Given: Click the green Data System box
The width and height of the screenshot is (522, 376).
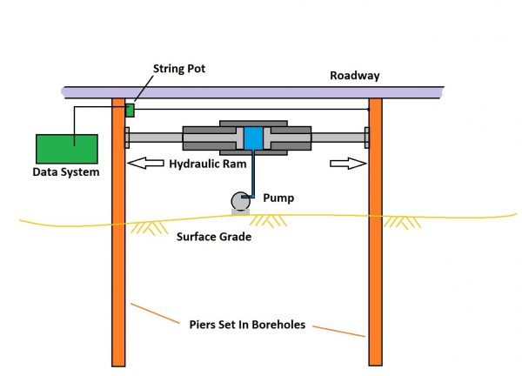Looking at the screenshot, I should (x=66, y=149).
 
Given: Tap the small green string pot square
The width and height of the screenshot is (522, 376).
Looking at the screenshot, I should (x=130, y=110).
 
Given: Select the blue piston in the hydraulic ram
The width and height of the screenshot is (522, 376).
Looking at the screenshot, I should (x=253, y=138).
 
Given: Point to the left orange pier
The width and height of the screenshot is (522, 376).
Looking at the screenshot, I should (x=119, y=261).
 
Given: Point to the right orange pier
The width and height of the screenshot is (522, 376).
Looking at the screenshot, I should (x=376, y=261).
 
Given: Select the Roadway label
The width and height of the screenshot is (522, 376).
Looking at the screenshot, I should (x=354, y=76).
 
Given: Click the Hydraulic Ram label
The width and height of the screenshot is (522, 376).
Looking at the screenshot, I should (x=214, y=163).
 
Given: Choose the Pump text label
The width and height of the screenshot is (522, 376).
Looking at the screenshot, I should (x=278, y=198).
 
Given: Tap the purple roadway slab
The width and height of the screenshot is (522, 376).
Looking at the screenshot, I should (x=261, y=91).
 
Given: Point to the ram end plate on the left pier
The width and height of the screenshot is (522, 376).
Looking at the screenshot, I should (x=127, y=137).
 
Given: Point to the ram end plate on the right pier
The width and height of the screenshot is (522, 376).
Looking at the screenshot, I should (x=367, y=137).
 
